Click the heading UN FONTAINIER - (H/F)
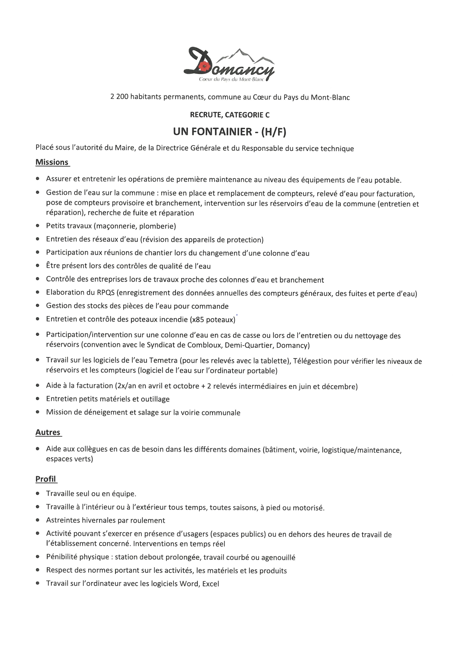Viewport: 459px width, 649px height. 229,132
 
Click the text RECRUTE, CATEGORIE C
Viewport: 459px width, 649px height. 229,115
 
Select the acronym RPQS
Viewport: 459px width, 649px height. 106,293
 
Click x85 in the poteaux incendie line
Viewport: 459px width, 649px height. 197,320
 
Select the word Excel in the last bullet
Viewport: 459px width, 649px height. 211,584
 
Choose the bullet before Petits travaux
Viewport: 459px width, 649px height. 38,226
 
